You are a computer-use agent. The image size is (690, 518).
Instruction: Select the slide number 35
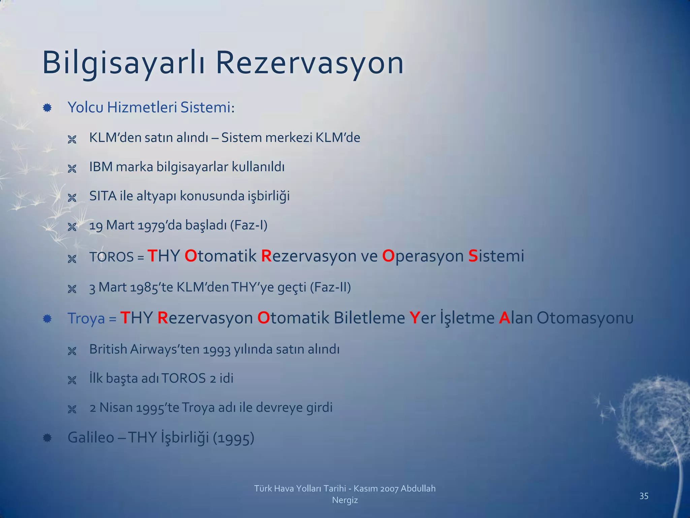[x=644, y=496]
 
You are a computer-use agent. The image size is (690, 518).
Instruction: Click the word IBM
[x=101, y=167]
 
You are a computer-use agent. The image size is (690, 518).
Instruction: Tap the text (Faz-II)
[x=330, y=287]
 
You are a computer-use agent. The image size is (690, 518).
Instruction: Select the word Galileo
[x=91, y=437]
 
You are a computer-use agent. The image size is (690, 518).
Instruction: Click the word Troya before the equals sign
[x=86, y=318]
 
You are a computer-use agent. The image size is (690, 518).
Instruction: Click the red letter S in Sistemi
[x=473, y=256]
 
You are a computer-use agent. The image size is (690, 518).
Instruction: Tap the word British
[x=108, y=349]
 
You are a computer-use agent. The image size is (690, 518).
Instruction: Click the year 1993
[x=217, y=350]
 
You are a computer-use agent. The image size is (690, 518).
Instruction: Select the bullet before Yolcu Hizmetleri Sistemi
[x=47, y=108]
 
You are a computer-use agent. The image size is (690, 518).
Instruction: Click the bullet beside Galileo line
[x=47, y=438]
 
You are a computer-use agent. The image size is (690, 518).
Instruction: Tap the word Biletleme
[x=369, y=318]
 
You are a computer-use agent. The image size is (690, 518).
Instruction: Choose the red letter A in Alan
[x=504, y=318]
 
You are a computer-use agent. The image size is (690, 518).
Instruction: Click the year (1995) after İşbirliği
[x=233, y=438]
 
